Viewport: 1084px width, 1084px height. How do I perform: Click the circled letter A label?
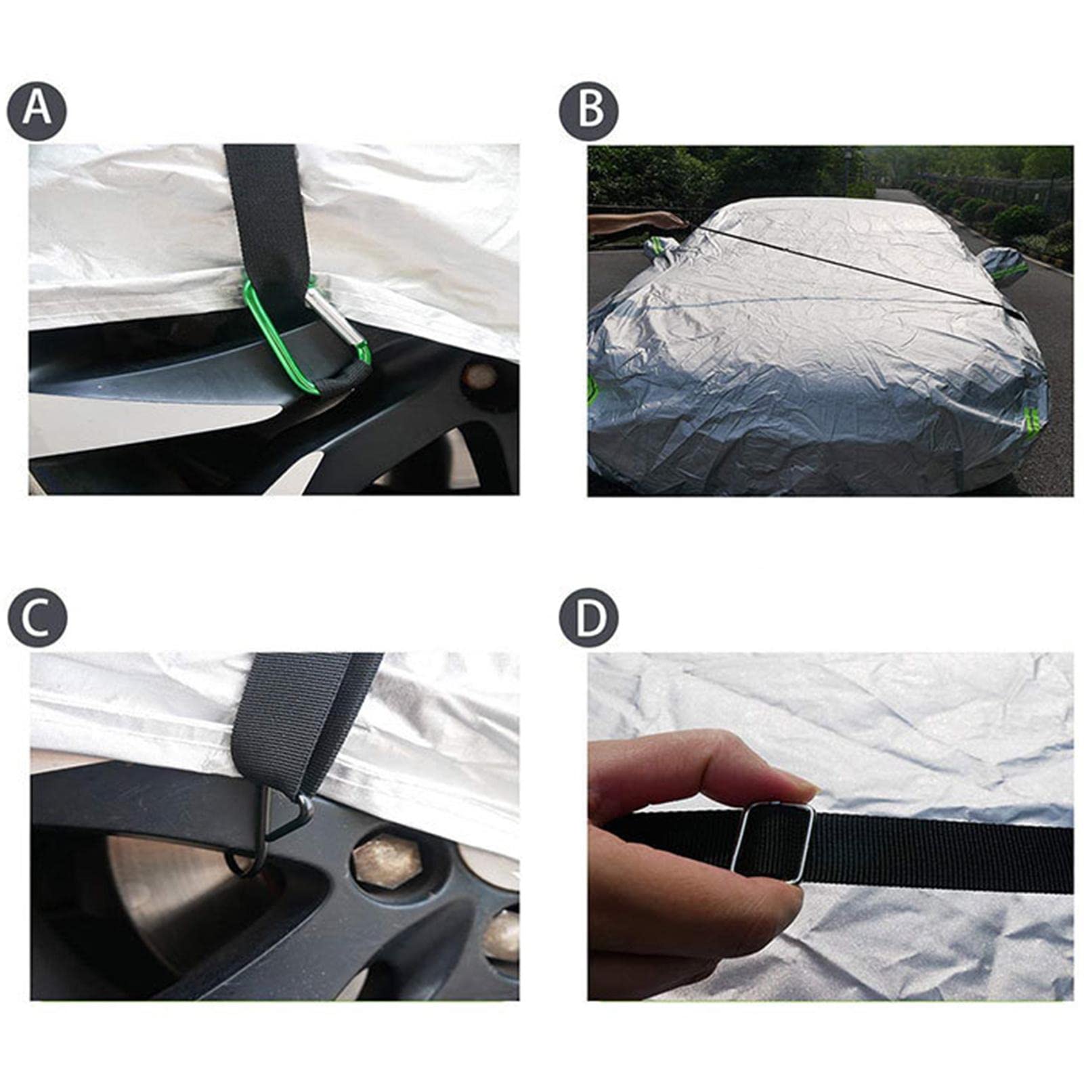tap(37, 110)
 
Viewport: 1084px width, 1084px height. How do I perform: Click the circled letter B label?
tap(589, 110)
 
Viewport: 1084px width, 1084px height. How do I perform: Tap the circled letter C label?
tap(37, 617)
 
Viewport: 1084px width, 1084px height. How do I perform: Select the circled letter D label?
tap(589, 617)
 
